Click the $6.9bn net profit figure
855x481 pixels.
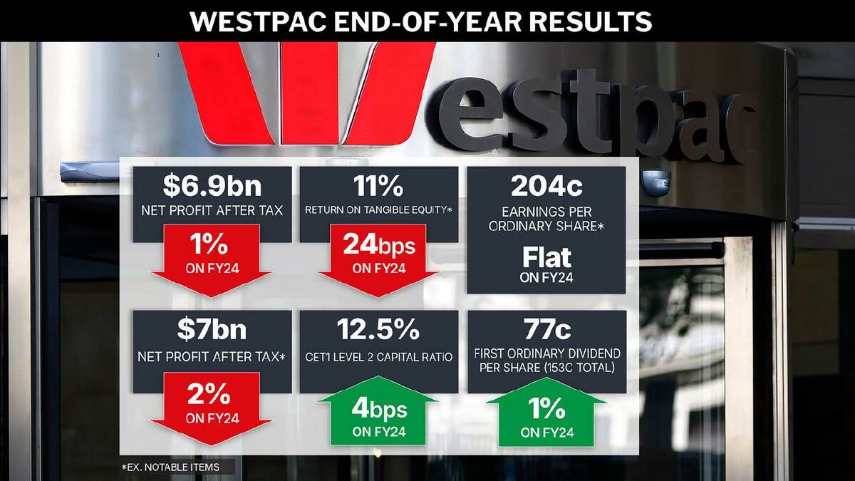(x=212, y=186)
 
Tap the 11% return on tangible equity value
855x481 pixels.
(x=378, y=186)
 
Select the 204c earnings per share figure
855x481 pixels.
(x=546, y=186)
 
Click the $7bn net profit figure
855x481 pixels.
(x=212, y=330)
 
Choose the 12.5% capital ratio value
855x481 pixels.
(x=378, y=330)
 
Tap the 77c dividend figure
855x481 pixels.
(x=546, y=330)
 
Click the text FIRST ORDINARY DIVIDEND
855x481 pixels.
(x=546, y=353)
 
